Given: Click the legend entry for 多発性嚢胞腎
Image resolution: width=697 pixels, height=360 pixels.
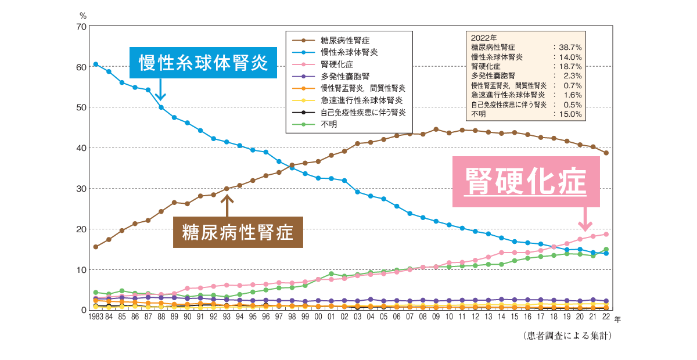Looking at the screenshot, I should (345, 76).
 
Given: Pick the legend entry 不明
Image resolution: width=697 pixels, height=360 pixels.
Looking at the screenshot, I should (328, 124).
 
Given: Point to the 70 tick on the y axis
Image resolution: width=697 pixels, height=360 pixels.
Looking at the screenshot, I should (81, 27).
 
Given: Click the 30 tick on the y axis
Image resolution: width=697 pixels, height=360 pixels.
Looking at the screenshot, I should (81, 189).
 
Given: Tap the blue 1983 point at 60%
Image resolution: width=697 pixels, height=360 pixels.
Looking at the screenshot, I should (95, 64).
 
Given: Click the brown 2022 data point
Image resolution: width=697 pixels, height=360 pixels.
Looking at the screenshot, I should (606, 153).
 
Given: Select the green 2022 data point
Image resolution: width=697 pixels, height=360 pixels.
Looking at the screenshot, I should (606, 250).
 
